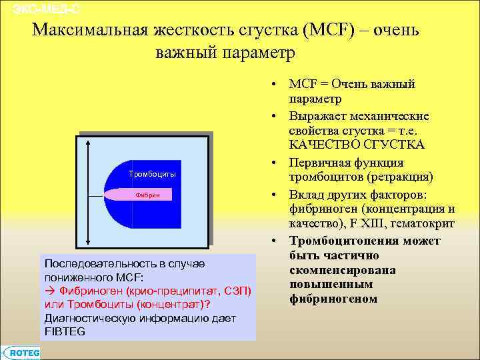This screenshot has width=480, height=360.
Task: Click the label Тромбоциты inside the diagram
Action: coord(152,174)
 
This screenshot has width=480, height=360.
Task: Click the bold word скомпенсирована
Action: coord(333,270)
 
